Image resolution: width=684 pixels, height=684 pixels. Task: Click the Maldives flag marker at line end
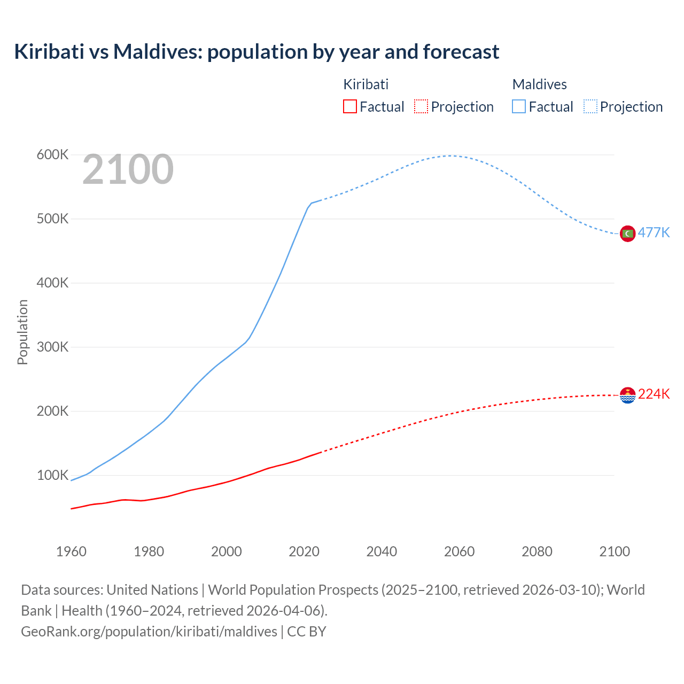coord(627,234)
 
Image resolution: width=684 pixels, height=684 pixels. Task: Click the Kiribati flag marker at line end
coord(627,395)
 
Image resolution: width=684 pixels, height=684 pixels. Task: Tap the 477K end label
coord(654,233)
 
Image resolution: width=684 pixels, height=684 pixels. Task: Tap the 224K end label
coord(654,394)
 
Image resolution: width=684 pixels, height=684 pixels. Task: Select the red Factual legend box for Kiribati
coord(349,106)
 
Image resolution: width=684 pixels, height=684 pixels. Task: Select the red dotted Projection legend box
coord(421,106)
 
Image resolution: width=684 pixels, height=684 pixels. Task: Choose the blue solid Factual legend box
coord(518,106)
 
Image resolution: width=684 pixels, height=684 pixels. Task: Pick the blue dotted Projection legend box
coord(590,106)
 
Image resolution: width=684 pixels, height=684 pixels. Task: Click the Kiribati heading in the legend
coord(366,84)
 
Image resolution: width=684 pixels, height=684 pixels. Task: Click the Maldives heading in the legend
coord(539,84)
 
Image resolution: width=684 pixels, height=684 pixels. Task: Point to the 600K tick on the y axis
coord(52,155)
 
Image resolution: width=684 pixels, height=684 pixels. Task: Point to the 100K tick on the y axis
coord(52,476)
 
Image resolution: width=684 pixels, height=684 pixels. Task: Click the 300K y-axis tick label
coord(52,347)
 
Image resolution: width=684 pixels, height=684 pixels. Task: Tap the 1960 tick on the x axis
coord(71,551)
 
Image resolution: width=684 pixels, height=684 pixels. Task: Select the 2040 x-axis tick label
coord(382,551)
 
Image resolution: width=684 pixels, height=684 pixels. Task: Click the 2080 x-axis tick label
coord(537,551)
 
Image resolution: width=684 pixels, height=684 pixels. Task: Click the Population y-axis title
coord(22,332)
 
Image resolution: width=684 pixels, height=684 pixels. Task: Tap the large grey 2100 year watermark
coord(128,169)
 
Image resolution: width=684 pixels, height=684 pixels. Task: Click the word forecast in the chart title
coord(461,52)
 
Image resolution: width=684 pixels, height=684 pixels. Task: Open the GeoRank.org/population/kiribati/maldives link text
coord(149,632)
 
